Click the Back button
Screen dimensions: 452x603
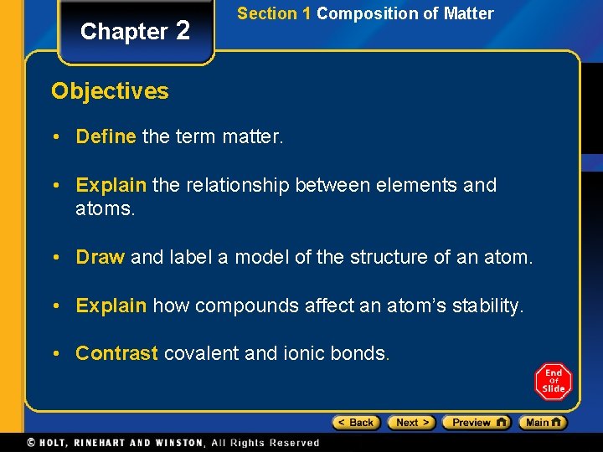tap(356, 423)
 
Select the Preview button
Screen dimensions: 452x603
tap(476, 423)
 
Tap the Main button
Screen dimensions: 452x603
tap(542, 423)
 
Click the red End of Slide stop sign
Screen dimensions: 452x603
tap(553, 382)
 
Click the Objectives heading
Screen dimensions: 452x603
tap(110, 91)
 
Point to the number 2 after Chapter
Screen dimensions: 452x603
tap(183, 31)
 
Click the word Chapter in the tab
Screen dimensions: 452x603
tap(124, 32)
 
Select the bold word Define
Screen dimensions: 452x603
tap(106, 136)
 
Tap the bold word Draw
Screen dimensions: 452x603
tap(100, 257)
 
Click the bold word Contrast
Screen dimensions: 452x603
tap(116, 353)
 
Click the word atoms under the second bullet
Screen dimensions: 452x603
tap(105, 208)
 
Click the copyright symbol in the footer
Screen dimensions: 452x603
tap(31, 442)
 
